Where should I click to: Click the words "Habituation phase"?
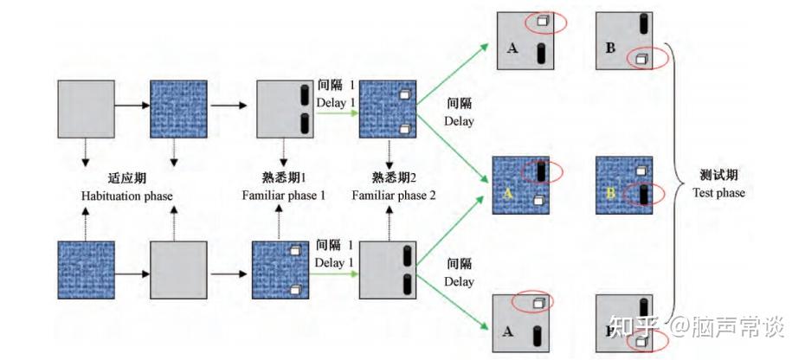[126, 196]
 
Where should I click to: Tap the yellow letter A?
[508, 195]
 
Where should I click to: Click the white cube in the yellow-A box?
[538, 201]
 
